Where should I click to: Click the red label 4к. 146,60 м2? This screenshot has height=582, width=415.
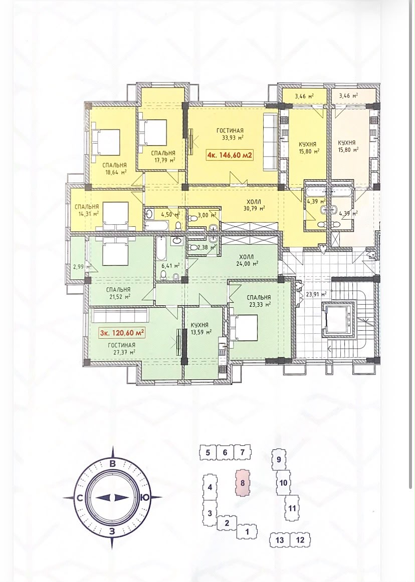point(230,155)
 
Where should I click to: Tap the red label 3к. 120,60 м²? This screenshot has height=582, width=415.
point(122,333)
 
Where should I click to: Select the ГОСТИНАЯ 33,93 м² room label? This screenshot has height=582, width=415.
point(230,134)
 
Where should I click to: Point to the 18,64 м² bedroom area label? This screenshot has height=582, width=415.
point(115,172)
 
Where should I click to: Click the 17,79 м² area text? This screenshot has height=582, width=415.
point(163,160)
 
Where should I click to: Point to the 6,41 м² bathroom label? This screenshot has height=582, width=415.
point(171,265)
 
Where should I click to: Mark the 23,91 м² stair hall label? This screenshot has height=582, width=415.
point(316,294)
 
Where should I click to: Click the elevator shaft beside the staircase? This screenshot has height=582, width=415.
point(338,319)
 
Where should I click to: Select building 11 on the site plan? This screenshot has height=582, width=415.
point(292,508)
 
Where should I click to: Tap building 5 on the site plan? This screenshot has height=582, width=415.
point(208,452)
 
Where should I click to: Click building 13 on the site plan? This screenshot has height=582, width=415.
point(280,539)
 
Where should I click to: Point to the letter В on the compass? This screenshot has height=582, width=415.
point(112,463)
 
